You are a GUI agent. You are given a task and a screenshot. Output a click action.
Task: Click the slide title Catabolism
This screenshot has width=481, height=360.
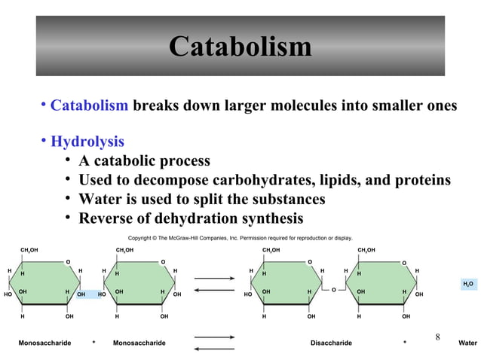coord(240,47)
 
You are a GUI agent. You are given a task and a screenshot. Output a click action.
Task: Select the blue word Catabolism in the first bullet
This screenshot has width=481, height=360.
coord(89,105)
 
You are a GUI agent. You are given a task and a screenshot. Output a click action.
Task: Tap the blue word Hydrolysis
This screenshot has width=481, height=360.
coord(87,142)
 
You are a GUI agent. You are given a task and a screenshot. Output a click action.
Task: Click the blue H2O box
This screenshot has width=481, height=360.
coord(467,283)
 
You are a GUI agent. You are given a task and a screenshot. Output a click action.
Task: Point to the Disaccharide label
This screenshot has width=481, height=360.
coord(331,343)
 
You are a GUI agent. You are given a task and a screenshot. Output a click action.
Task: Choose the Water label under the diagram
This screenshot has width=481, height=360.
coord(467,343)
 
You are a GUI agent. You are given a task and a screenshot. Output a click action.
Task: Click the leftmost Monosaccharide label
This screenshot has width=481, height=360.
coord(44,343)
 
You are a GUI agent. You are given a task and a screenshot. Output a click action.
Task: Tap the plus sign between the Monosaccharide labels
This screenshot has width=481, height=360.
coord(93,343)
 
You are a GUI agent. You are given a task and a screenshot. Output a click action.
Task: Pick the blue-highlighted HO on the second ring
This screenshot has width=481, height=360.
coord(102,294)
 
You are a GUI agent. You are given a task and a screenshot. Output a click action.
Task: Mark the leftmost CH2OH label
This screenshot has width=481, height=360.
coord(29,249)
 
